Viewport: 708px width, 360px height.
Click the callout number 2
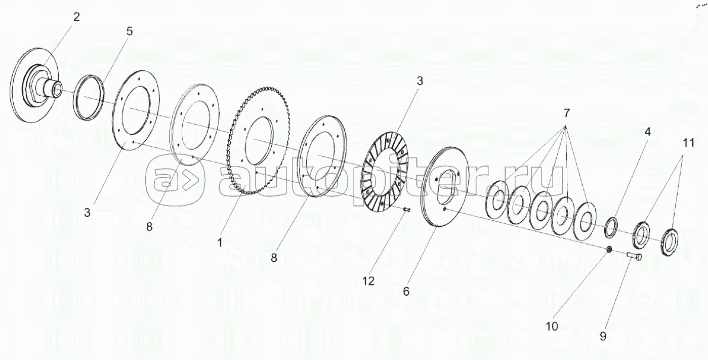pos(76,17)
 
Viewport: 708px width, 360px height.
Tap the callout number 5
pos(130,31)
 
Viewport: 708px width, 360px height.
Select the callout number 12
pos(368,281)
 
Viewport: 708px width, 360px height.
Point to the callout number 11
pos(689,143)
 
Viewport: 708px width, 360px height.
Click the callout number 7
pos(566,113)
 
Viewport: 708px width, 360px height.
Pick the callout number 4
pos(648,132)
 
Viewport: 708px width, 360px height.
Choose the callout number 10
pos(552,327)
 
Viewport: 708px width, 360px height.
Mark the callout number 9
pos(603,336)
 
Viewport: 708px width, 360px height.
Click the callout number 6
pos(406,291)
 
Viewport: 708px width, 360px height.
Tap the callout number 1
pos(220,243)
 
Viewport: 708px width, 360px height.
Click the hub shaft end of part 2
pos(57,90)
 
